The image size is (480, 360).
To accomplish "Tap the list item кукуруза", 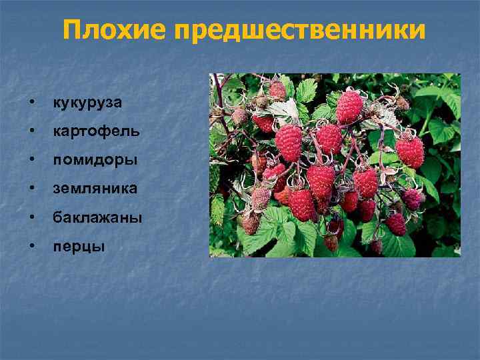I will [x=88, y=103].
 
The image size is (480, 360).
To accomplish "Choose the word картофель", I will [x=97, y=131].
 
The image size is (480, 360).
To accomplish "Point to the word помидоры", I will [x=95, y=160].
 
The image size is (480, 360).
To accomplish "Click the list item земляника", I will [x=95, y=189].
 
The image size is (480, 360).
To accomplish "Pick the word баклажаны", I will [x=97, y=217].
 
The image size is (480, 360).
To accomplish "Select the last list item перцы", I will [x=79, y=246].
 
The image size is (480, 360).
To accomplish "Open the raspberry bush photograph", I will [x=335, y=165].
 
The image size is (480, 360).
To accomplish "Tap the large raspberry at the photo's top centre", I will [x=349, y=107].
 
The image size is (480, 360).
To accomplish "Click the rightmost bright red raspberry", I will [x=410, y=151].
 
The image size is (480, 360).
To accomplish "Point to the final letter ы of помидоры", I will [x=133, y=161].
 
